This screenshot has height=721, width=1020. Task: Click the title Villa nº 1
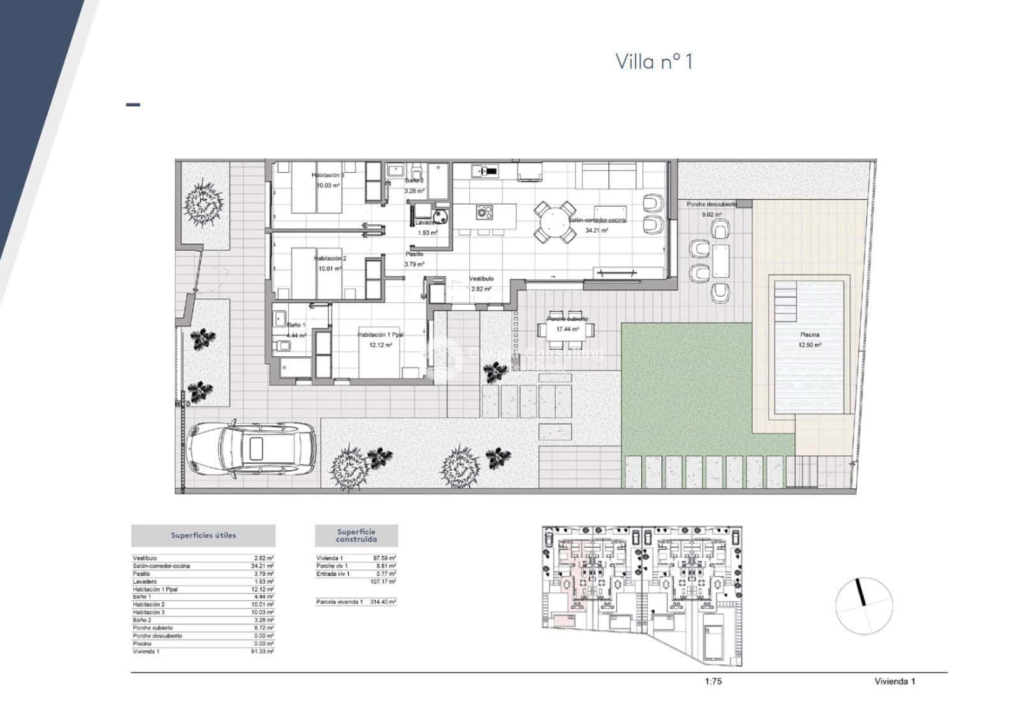653,61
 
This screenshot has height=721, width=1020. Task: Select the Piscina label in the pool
810,334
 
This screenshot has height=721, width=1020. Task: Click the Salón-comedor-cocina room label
597,220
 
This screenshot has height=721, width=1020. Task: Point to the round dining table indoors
553,221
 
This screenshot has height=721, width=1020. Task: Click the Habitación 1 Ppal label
381,335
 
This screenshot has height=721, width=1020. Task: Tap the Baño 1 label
296,325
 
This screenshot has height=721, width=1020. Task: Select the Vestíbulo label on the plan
481,279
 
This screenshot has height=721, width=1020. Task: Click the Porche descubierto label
711,204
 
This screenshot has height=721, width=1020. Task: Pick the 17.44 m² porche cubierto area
567,330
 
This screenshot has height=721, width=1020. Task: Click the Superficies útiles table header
203,535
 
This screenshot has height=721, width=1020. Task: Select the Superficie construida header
356,535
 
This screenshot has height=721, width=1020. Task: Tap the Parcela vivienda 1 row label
339,602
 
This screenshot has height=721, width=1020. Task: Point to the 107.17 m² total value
383,582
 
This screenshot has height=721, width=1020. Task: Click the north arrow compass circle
864,605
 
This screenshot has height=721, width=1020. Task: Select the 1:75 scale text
713,681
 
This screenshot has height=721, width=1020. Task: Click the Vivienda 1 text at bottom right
894,681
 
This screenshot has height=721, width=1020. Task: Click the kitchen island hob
484,212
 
